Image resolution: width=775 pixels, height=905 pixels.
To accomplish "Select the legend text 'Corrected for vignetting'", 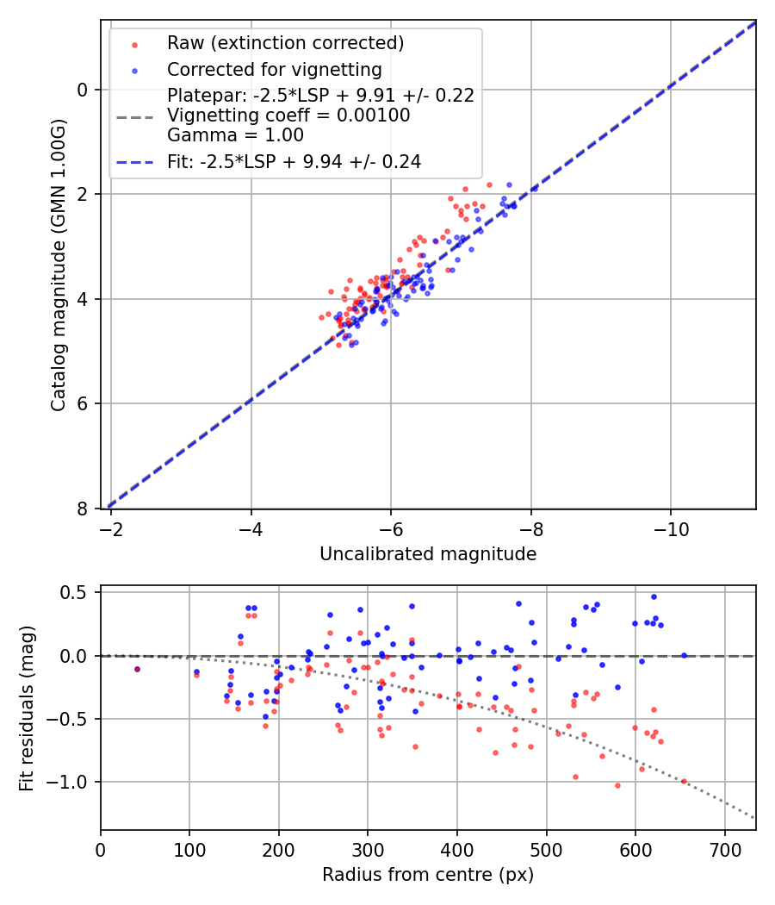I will [274, 69].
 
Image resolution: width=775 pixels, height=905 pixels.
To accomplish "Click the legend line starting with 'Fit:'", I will [294, 161].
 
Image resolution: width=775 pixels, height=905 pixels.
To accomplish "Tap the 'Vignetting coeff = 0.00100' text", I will [288, 115].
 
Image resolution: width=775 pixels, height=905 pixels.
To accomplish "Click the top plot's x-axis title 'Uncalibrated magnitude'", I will [428, 554].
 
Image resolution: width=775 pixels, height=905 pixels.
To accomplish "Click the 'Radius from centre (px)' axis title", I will [428, 875].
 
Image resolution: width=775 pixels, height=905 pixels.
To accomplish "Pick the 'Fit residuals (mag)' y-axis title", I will [27, 708].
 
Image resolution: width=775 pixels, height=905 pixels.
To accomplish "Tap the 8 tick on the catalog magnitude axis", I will [82, 509].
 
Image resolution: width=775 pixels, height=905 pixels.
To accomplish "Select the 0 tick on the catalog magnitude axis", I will [82, 90].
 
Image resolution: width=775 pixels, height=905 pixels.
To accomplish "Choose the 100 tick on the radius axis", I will [189, 851].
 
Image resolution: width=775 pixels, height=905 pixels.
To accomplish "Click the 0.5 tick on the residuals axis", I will [77, 593].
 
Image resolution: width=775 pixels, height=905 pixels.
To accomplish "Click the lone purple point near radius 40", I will [137, 669].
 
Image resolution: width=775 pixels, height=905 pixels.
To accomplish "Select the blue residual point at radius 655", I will [685, 656].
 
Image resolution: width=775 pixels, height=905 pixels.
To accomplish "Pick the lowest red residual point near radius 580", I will [617, 785].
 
